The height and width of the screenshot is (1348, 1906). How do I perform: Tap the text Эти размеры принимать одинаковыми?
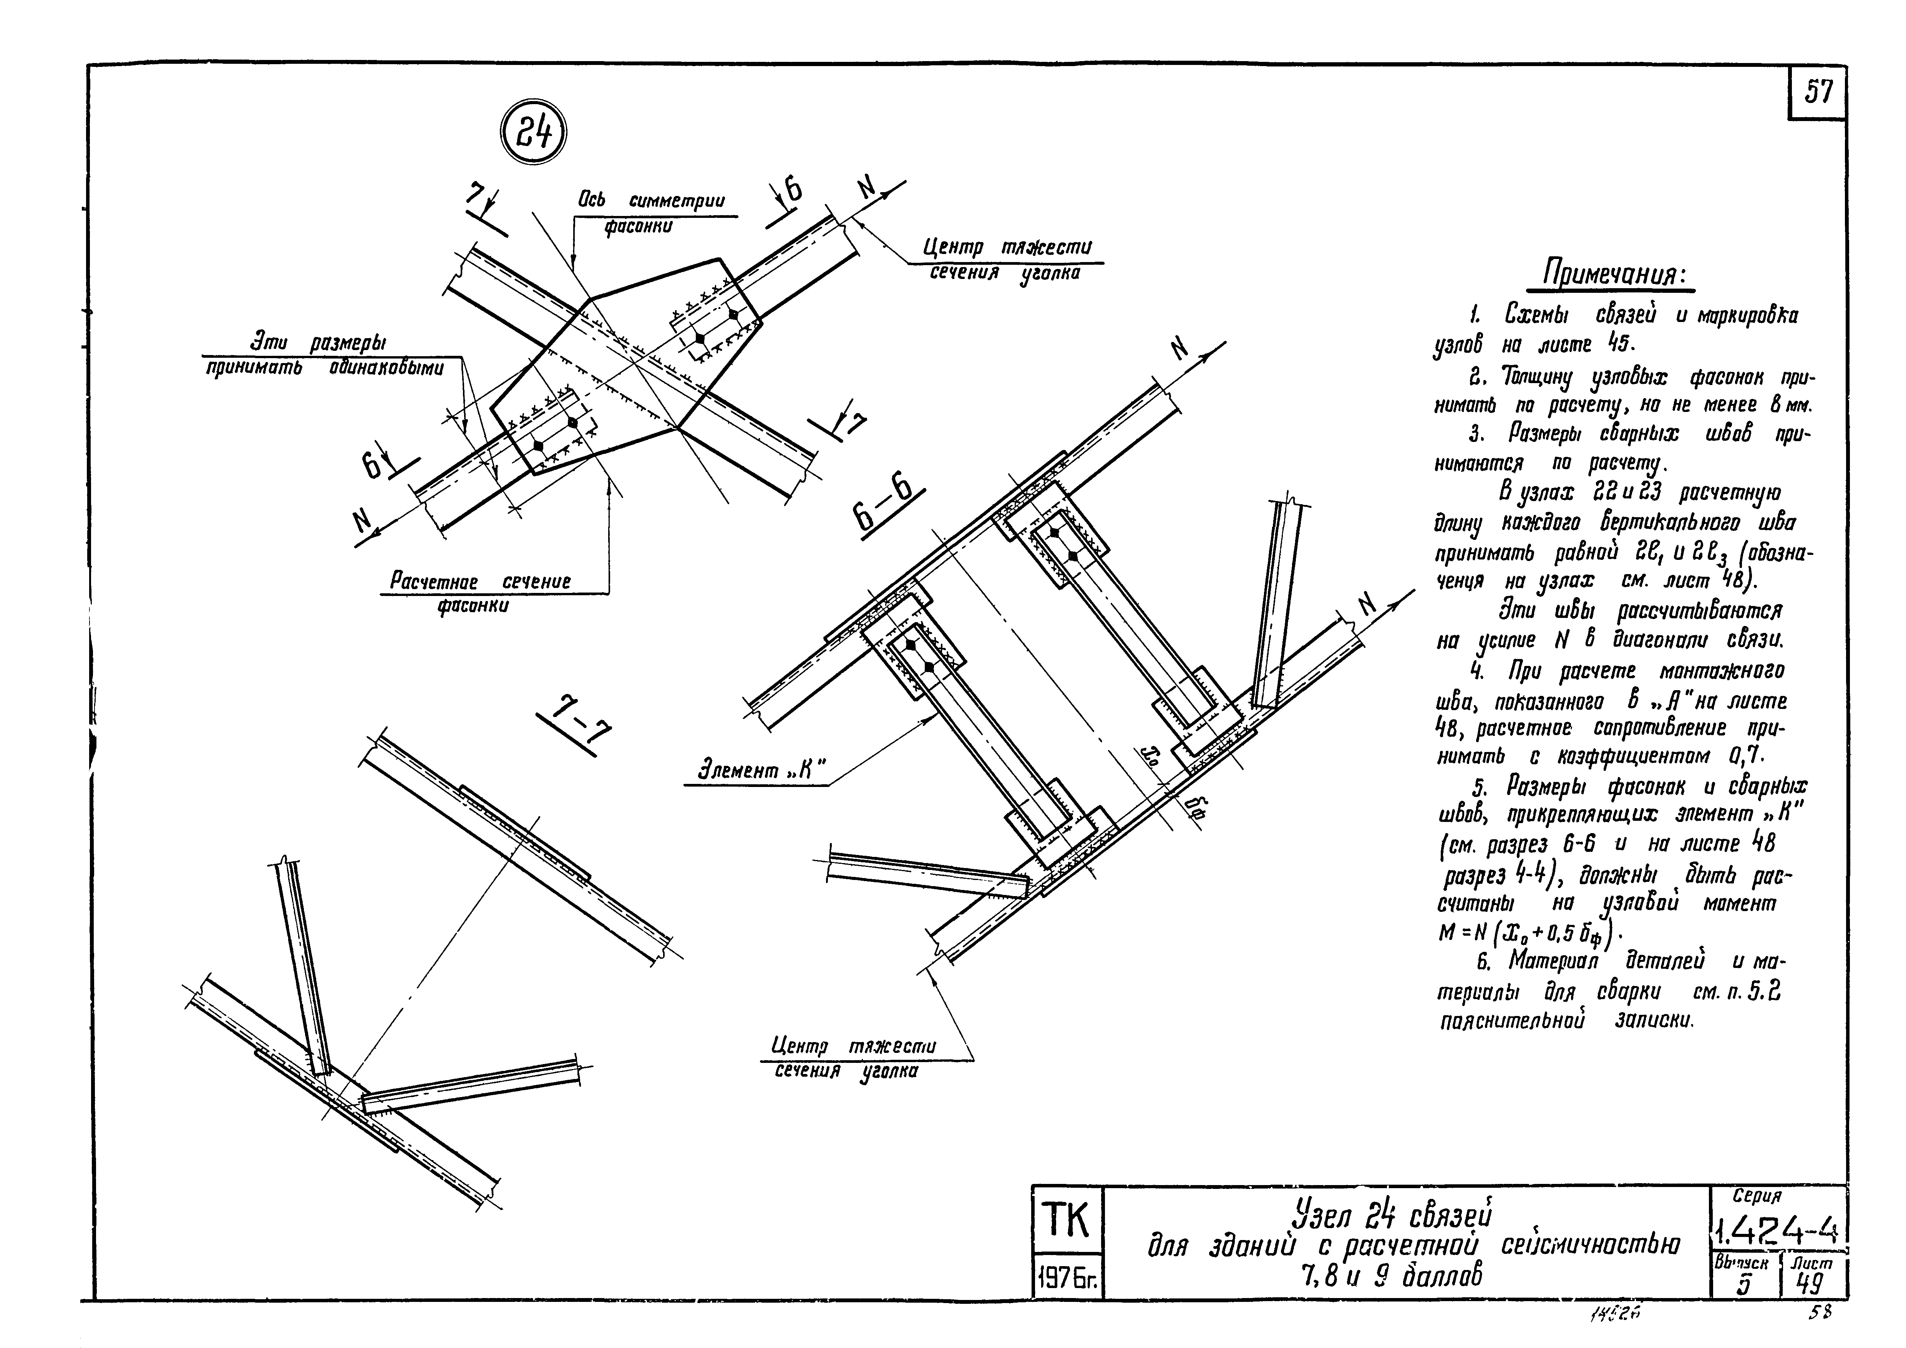[x=324, y=355]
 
